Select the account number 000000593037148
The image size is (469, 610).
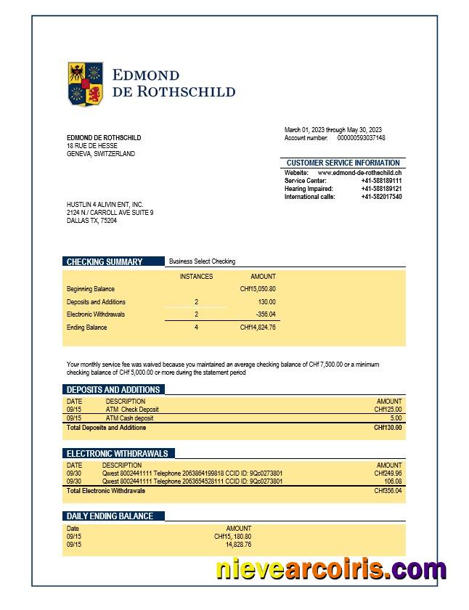tap(361, 138)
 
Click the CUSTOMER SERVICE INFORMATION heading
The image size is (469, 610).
tap(343, 163)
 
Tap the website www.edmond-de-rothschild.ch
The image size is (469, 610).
tap(359, 173)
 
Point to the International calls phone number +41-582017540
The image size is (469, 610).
tap(381, 197)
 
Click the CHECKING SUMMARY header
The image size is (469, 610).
tap(105, 261)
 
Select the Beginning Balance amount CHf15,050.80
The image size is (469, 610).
tap(257, 289)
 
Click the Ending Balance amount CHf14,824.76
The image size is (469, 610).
tap(257, 328)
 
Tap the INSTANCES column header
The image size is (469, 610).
tap(196, 277)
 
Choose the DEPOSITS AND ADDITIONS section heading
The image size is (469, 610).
tap(113, 389)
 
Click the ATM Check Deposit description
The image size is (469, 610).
tap(131, 410)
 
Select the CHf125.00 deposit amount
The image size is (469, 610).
tap(388, 410)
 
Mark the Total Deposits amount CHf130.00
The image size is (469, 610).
tap(388, 428)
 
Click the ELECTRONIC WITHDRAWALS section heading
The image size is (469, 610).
tap(117, 453)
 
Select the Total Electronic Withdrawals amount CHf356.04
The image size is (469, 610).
tap(388, 491)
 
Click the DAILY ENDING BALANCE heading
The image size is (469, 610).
tap(110, 516)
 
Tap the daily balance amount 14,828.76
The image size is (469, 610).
tap(238, 545)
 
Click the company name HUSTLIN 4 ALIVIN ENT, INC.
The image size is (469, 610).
tap(105, 205)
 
